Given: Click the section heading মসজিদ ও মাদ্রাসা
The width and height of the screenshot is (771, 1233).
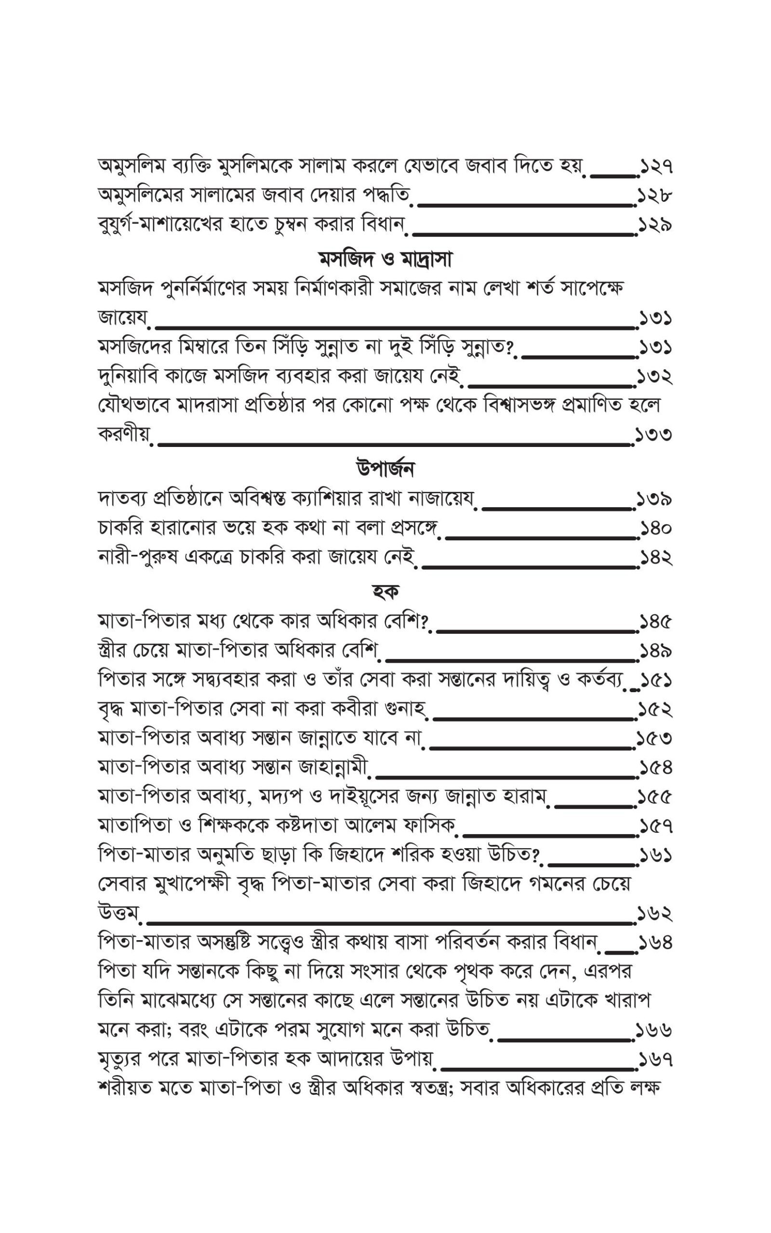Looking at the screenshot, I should (x=385, y=261).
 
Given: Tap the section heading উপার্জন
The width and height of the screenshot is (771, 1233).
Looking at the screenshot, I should (x=385, y=468).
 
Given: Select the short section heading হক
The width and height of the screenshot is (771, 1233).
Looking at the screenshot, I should (x=385, y=591).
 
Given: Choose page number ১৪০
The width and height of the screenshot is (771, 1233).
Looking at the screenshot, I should (x=656, y=529).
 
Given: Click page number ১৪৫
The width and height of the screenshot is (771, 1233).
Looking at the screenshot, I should (x=656, y=622).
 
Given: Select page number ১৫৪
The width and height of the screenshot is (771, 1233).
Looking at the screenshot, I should (x=656, y=767).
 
